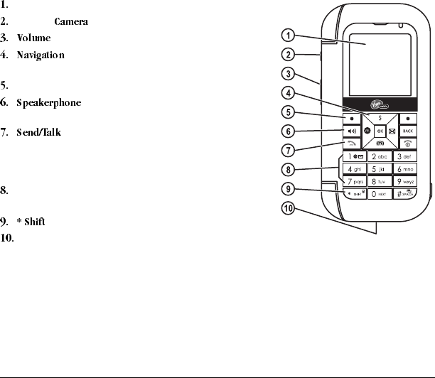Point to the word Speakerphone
coord(49,103)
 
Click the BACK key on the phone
coord(407,131)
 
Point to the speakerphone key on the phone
coord(352,131)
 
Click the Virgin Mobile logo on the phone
coord(382,102)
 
